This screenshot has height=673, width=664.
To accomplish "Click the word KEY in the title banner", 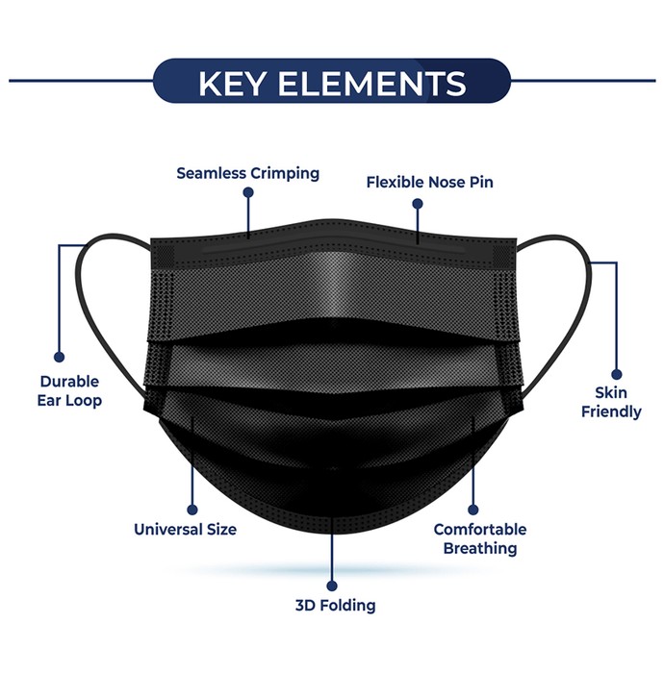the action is pos(231,84).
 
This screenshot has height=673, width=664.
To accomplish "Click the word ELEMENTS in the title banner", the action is pos(372,84).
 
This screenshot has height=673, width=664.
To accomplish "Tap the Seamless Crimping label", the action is pos(248,173).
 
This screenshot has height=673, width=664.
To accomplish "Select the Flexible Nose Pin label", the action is pos(429,182).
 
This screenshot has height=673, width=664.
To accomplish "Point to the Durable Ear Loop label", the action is pos(69,391).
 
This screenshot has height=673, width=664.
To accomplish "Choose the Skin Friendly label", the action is pos(611,402).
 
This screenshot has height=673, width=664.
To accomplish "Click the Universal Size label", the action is pos(185,529).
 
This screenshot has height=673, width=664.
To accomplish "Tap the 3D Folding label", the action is pos(336,605).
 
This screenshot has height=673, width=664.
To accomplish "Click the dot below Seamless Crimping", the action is pos(248,192).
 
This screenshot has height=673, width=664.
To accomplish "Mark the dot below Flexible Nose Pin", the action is pos(418,204).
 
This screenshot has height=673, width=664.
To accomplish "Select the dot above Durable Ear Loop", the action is pos(60,357).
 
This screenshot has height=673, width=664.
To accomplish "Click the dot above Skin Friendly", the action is pos(617,374).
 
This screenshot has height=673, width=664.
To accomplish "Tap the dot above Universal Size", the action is pos(192,510).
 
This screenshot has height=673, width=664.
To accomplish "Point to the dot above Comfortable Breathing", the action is pos(472,510).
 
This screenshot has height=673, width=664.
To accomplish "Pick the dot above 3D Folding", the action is pos(332,586).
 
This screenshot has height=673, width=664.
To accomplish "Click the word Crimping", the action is pos(285,174).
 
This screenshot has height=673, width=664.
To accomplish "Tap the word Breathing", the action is pos(480,549).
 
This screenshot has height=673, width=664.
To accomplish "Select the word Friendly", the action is pos(611,412).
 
